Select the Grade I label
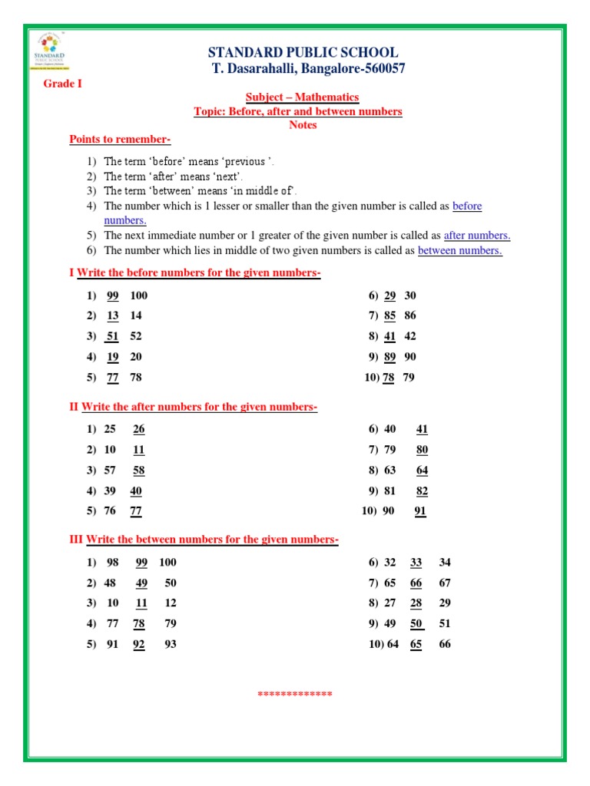coord(62,84)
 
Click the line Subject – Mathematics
coord(302,97)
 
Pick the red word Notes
coord(303,125)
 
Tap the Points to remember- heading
coord(120,139)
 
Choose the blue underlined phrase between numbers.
coord(459,250)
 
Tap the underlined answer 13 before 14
coord(113,315)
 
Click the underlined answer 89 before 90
coord(389,357)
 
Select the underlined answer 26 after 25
coord(139,429)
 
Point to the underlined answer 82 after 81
coord(422,491)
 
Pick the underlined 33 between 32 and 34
coord(416,563)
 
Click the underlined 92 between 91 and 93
coord(139,645)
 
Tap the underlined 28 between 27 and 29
coord(416,603)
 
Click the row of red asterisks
coord(295,695)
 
